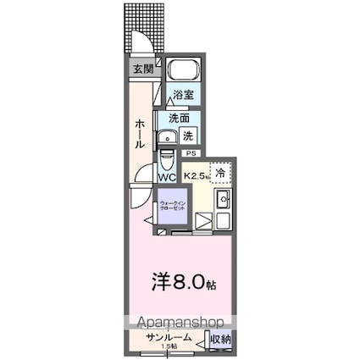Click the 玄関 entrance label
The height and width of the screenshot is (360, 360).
tap(141, 70)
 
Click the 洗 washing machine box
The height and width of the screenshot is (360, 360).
tap(190, 135)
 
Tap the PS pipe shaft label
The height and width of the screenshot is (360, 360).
tap(191, 153)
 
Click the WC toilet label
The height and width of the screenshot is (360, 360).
tap(167, 177)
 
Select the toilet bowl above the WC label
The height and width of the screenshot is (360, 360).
tap(167, 159)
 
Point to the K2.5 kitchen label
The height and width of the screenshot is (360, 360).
tap(197, 175)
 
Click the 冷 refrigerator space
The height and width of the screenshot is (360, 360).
tap(220, 172)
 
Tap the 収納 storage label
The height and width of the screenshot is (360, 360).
tap(220, 339)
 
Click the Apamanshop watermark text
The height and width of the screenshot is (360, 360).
tap(174, 323)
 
